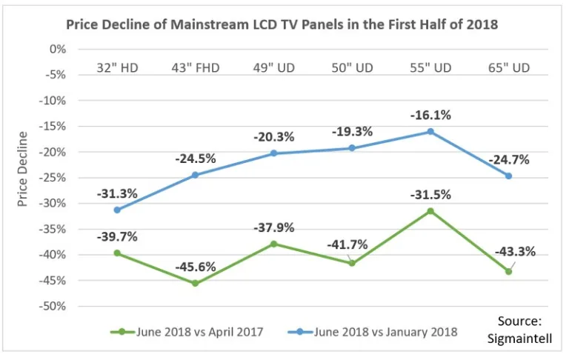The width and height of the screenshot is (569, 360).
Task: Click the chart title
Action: [282, 24]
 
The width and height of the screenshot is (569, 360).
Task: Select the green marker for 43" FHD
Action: [196, 283]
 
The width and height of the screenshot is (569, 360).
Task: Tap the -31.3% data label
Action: [117, 194]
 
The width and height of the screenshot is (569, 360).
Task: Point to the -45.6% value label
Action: [196, 267]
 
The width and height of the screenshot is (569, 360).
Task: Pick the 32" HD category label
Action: [117, 68]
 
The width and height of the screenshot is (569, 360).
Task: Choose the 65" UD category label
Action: [508, 68]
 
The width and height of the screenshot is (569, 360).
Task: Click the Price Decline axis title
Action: [23, 169]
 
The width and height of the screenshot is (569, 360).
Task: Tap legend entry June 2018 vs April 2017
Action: [189, 331]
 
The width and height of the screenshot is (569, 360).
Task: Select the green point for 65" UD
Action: [508, 271]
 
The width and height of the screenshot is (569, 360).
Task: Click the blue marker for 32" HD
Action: [117, 210]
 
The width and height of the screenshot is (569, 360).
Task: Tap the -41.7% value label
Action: [349, 246]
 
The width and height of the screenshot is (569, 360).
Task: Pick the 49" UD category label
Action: [273, 68]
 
